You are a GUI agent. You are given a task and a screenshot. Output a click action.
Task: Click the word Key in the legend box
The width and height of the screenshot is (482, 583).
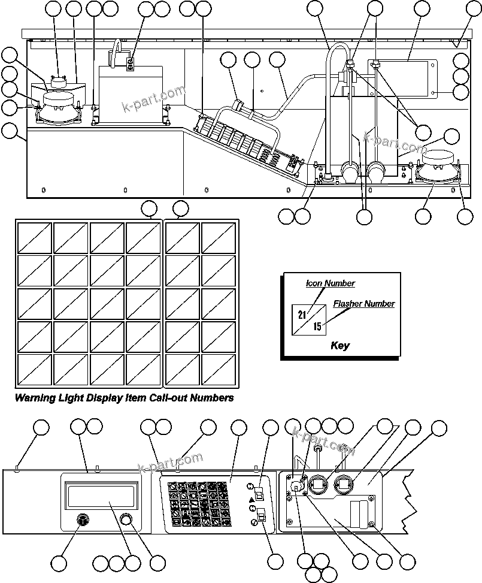tap(339, 346)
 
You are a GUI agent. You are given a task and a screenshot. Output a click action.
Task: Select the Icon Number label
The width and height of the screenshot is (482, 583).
tap(330, 283)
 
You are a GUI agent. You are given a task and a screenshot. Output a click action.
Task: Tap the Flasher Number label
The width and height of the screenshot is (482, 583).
tap(363, 304)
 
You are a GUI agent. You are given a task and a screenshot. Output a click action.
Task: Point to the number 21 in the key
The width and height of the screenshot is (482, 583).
tap(302, 315)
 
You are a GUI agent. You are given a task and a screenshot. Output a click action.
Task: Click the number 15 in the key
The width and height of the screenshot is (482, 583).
tap(317, 327)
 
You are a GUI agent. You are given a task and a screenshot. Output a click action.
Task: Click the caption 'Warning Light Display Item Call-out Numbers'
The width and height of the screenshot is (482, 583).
tap(124, 398)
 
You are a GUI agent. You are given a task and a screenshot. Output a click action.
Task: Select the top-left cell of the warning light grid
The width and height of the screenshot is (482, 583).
tap(34, 238)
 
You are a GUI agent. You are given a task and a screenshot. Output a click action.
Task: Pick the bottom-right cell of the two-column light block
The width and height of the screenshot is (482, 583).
tap(217, 370)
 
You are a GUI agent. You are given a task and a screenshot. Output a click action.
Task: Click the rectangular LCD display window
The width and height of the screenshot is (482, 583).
tap(101, 497)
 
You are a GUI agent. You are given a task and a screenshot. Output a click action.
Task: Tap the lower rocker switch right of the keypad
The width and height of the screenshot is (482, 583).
tap(262, 515)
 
